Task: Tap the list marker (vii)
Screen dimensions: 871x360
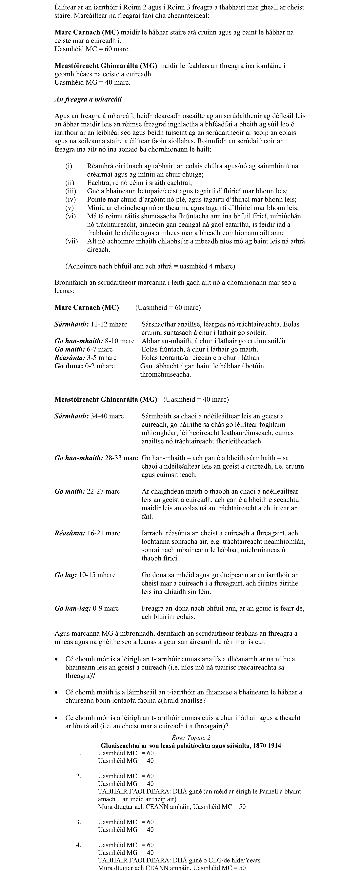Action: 71,241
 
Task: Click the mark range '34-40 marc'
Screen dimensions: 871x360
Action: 107,416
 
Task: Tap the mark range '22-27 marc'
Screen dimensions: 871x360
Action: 103,492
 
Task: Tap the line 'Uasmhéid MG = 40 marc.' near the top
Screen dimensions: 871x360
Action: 92,82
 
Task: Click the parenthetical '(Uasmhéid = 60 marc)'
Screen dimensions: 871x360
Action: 168,308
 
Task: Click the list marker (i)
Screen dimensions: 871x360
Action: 69,166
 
